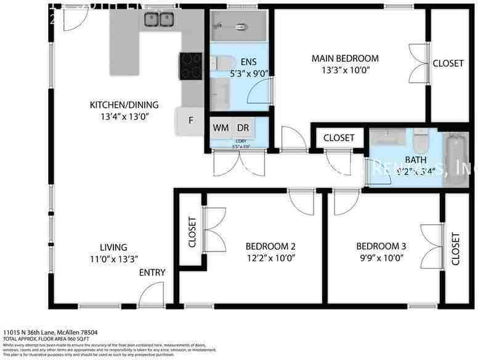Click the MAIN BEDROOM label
(344, 59)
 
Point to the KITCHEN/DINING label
(124, 105)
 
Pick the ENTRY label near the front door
(152, 272)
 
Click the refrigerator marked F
(191, 121)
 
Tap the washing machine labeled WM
(221, 128)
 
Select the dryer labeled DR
(243, 128)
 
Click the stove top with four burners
(190, 65)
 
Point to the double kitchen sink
(159, 20)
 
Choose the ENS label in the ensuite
(249, 62)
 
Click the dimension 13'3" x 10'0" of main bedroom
(344, 70)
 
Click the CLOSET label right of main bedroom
(448, 63)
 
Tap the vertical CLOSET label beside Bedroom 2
(192, 232)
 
